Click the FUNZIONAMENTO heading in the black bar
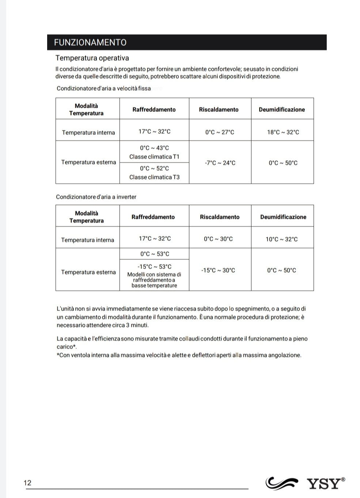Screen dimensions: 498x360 (90, 42)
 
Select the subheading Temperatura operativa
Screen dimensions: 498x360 (92, 58)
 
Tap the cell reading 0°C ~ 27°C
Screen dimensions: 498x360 (220, 132)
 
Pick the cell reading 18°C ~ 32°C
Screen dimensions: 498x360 (283, 132)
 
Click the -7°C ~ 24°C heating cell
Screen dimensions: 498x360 (220, 163)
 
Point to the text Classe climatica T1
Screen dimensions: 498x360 (154, 157)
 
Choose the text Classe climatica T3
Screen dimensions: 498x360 (154, 177)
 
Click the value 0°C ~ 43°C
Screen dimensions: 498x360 (154, 148)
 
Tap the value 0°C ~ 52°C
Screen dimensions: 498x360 (154, 168)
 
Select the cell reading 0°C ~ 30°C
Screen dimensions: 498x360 (218, 239)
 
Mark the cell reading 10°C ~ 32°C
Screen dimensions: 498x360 (281, 239)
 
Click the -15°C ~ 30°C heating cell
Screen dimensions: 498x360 (218, 270)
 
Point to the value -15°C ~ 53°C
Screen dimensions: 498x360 (154, 267)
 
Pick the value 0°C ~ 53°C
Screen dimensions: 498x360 (155, 254)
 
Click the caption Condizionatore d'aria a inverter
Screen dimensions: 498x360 (96, 197)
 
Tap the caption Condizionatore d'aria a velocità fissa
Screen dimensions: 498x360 (103, 88)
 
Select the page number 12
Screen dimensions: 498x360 (27, 483)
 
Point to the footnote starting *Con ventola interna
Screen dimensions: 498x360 (179, 355)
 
